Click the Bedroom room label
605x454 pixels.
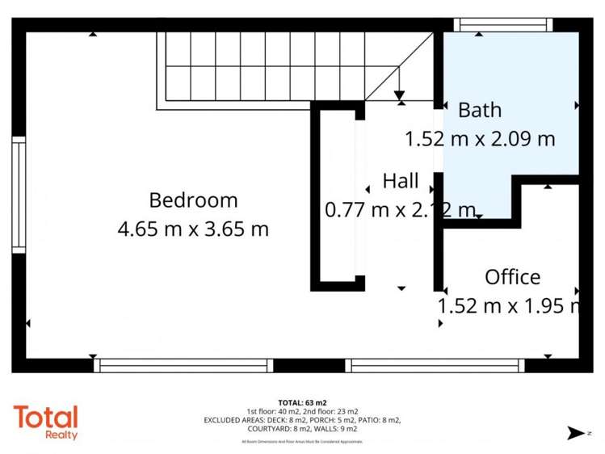[x=193, y=200]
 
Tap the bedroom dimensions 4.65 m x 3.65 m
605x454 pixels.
[x=193, y=229]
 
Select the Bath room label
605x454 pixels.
[x=480, y=109]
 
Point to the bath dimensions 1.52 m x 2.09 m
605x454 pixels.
[x=480, y=139]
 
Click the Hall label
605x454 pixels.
[x=401, y=181]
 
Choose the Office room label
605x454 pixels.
[x=512, y=277]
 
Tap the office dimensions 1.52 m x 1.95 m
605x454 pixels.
[x=509, y=306]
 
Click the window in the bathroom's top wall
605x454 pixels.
[x=503, y=25]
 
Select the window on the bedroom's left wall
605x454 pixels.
[x=18, y=195]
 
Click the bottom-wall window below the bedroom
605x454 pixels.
[x=183, y=365]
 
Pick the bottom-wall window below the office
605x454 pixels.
[x=435, y=365]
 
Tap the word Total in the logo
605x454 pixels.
[x=45, y=417]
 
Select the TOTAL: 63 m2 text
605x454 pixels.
[x=302, y=402]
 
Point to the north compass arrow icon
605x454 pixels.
[x=575, y=433]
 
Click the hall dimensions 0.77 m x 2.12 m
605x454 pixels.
[x=401, y=211]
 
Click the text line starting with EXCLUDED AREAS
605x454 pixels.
[x=302, y=420]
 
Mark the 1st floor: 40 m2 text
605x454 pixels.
[x=274, y=411]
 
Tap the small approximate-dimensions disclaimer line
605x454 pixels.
[x=302, y=442]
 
